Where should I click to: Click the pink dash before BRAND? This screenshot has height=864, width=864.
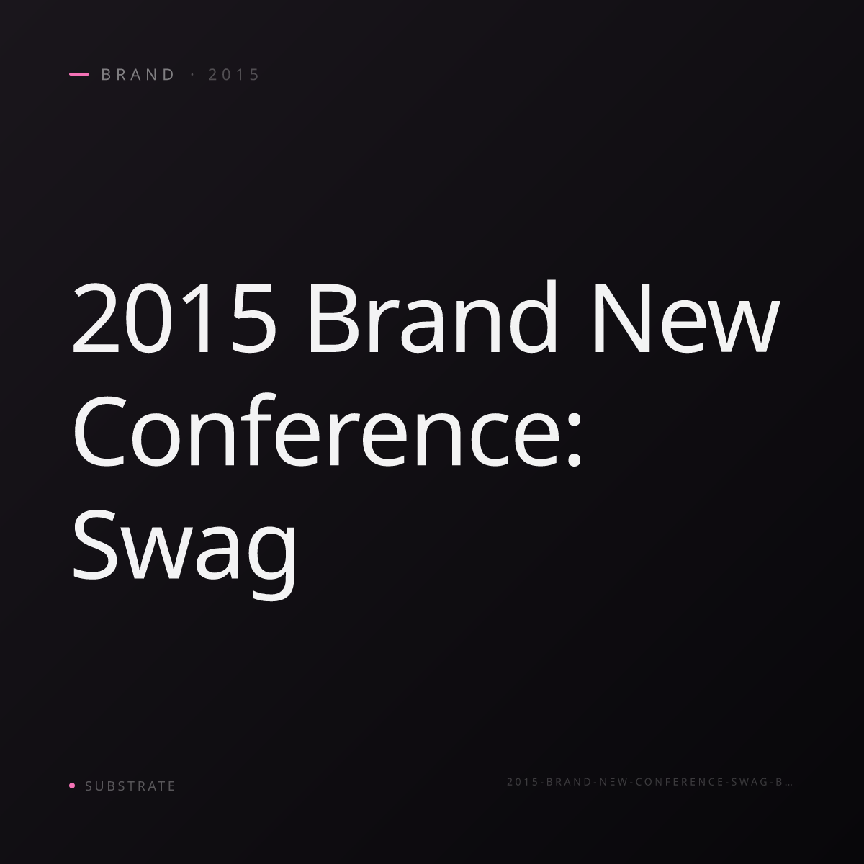[79, 74]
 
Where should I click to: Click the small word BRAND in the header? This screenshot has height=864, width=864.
[138, 75]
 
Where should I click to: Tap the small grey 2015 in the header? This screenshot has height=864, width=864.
[233, 75]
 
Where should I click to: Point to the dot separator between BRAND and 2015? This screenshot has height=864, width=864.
[193, 75]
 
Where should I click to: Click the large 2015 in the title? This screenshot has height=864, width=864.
[174, 318]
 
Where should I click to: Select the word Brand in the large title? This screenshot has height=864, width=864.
[432, 315]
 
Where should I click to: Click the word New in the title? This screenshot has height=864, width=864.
[686, 318]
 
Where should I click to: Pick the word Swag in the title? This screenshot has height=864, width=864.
[184, 553]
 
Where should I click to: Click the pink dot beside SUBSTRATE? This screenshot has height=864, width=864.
[72, 785]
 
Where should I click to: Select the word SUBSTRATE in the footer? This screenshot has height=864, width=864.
[130, 786]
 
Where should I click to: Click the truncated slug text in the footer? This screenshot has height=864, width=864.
[649, 781]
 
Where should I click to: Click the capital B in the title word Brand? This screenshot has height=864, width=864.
[331, 318]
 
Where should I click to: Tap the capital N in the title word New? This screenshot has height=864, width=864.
[623, 318]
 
